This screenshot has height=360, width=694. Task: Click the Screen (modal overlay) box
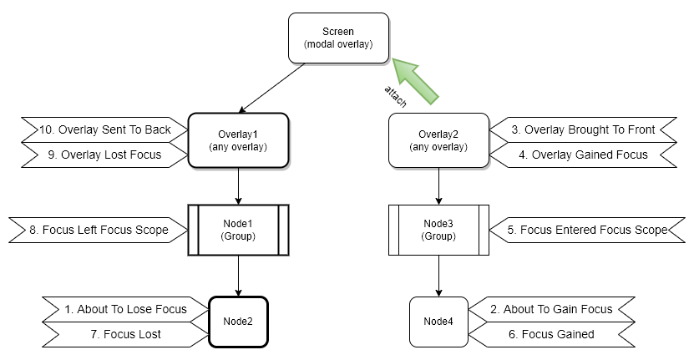click(338, 38)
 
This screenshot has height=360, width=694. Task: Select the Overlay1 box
click(239, 139)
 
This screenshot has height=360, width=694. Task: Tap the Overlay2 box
click(438, 139)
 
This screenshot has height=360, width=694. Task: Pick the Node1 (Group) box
click(239, 230)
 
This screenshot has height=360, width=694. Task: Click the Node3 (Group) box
click(438, 230)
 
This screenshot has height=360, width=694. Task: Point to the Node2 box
click(239, 321)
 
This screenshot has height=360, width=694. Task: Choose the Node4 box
click(438, 321)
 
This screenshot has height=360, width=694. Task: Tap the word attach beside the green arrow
click(396, 95)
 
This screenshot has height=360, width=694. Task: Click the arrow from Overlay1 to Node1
click(239, 185)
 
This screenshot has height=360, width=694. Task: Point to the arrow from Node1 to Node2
click(239, 275)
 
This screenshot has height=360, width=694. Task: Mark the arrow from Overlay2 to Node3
click(438, 185)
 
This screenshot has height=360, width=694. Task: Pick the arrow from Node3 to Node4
click(438, 275)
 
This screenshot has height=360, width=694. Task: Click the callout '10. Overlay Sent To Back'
click(104, 129)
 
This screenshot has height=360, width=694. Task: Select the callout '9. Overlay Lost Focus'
click(104, 154)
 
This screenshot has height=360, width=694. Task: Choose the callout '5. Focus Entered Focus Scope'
click(589, 230)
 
